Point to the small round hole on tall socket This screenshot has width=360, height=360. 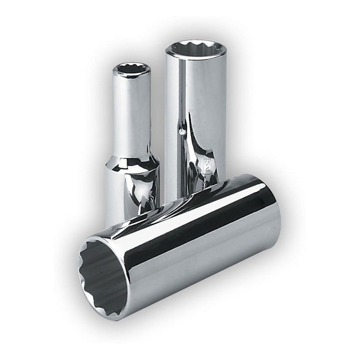(x=181, y=132)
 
